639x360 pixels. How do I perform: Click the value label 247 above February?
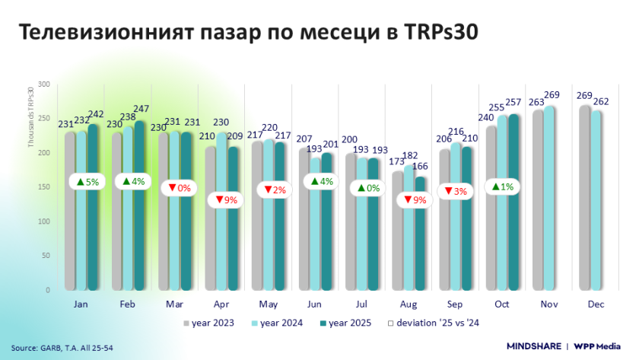[142, 109]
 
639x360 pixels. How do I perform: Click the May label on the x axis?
[269, 304]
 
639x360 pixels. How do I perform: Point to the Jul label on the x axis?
[362, 304]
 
